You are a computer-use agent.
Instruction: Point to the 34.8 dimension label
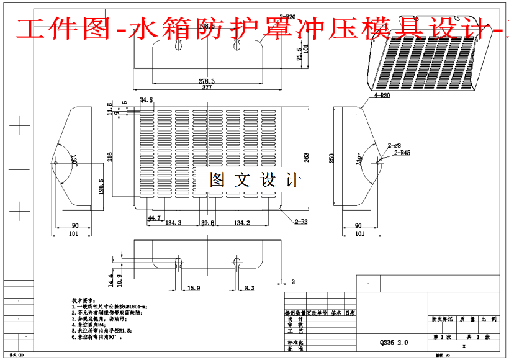click(146, 99)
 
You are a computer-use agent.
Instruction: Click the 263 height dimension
click(305, 158)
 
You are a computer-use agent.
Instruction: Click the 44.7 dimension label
click(155, 218)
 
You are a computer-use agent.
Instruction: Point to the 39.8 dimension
click(207, 223)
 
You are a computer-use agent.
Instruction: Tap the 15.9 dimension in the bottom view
click(194, 288)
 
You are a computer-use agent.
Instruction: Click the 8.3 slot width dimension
click(249, 288)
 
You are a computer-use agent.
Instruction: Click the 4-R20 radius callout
click(381, 97)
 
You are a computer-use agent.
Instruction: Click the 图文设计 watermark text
click(255, 180)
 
